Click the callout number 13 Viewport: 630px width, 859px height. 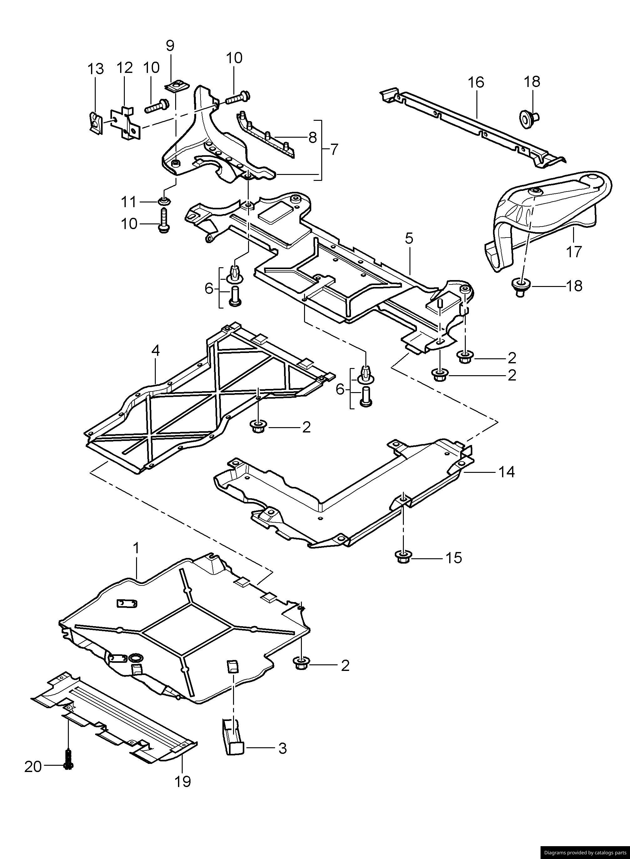(95, 69)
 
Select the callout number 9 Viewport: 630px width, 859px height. (170, 45)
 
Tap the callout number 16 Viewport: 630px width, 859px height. (476, 82)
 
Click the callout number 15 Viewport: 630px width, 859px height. (454, 558)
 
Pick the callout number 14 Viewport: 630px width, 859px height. (506, 472)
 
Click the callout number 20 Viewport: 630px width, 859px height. (33, 766)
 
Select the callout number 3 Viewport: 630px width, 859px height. (282, 749)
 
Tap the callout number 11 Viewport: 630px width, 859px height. (129, 202)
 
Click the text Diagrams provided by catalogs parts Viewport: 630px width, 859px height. (585, 852)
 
